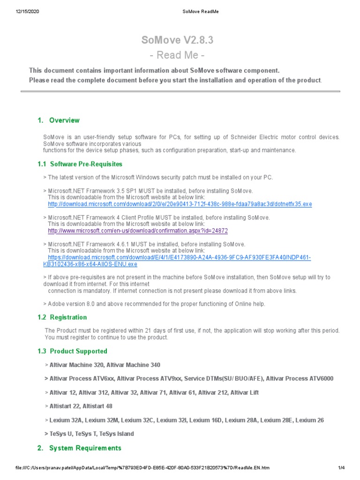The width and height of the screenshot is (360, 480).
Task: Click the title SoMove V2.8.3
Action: [x=177, y=40]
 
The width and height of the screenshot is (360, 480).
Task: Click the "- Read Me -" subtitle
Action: [x=177, y=55]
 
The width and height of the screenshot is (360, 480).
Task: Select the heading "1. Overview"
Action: [x=59, y=120]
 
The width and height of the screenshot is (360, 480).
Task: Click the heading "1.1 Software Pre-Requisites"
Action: [x=80, y=164]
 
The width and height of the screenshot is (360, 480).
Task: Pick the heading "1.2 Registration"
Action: [x=62, y=317]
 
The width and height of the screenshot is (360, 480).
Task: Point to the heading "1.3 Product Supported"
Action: [x=72, y=351]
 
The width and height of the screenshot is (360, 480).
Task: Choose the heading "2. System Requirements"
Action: [x=79, y=448]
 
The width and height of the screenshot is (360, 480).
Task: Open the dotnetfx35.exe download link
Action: [x=180, y=204]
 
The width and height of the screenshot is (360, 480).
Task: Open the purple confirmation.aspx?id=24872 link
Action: [x=138, y=231]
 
